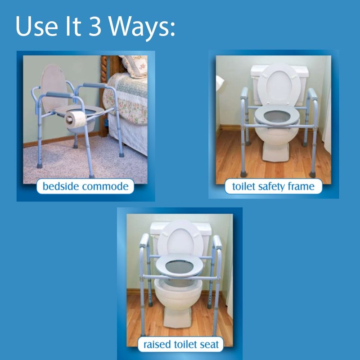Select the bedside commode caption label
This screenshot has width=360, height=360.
point(85,186)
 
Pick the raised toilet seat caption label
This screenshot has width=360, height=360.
point(180,345)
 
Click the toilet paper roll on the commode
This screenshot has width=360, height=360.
point(76,119)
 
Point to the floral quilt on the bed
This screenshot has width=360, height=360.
point(126,97)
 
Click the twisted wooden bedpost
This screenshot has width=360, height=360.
point(104,90)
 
